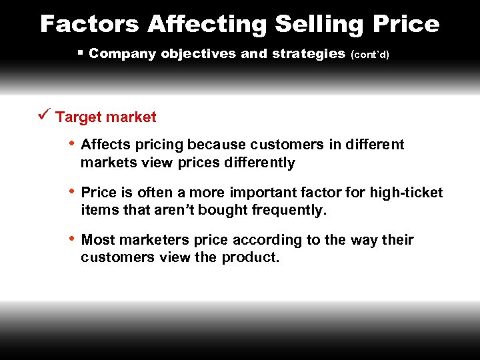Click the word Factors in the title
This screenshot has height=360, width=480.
pyautogui.click(x=90, y=24)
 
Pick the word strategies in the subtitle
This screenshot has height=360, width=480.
pyautogui.click(x=304, y=53)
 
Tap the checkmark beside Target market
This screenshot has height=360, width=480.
pyautogui.click(x=44, y=115)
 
